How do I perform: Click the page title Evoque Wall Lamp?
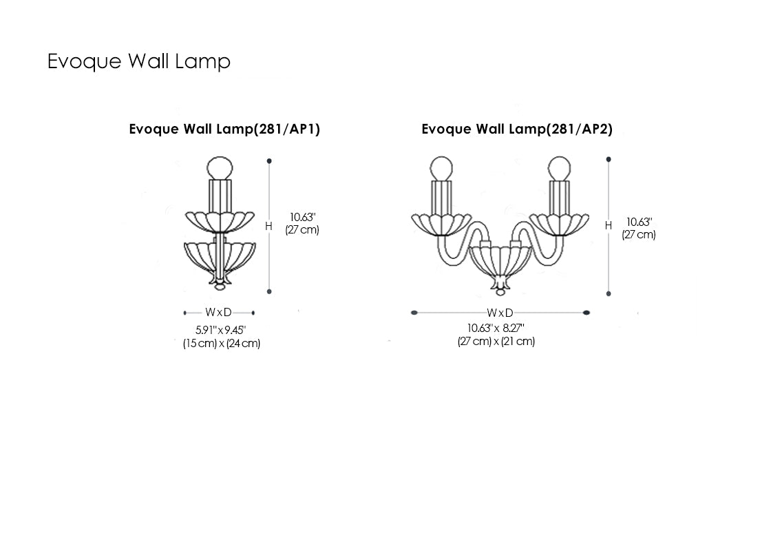point(138,61)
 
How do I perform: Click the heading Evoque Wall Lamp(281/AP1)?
point(224,129)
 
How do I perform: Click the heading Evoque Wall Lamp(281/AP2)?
point(517,129)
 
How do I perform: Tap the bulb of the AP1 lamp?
point(221,167)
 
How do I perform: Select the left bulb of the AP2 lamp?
point(441,167)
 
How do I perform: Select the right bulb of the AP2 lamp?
point(560,167)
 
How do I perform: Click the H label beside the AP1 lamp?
point(268,226)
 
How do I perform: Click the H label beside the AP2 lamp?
point(608,226)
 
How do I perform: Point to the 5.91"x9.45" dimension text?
point(220,330)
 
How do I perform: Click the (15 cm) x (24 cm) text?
point(221,343)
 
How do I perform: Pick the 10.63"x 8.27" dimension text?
point(496,328)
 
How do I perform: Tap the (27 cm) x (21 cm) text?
point(496,341)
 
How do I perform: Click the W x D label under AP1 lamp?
point(219,313)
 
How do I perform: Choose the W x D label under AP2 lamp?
point(500,313)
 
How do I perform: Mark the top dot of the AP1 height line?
point(269,161)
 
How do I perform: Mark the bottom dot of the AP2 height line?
point(609,293)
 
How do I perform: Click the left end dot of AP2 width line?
point(414,313)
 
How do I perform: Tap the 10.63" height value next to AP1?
point(302,217)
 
